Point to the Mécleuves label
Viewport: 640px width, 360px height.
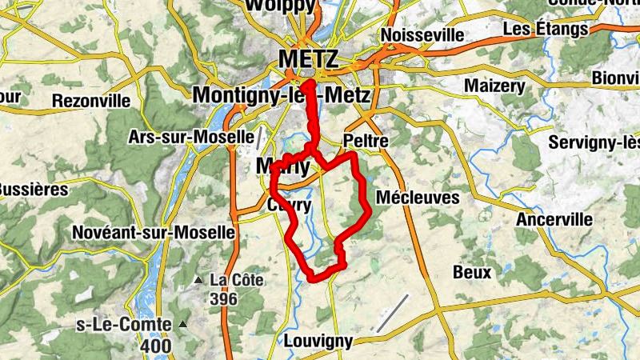pyautogui.click(x=418, y=197)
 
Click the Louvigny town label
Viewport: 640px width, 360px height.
pyautogui.click(x=318, y=341)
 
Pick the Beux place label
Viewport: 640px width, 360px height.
pyautogui.click(x=472, y=272)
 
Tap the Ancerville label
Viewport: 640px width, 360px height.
pyautogui.click(x=554, y=219)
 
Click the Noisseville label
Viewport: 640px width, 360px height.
pyautogui.click(x=422, y=36)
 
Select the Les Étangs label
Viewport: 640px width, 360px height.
pyautogui.click(x=546, y=30)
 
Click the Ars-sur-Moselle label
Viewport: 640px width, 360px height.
pyautogui.click(x=191, y=137)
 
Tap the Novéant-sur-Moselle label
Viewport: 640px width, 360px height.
pyautogui.click(x=153, y=232)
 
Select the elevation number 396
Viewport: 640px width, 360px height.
pyautogui.click(x=225, y=298)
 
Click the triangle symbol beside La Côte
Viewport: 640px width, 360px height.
pyautogui.click(x=198, y=281)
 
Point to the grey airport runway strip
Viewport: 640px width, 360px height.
pyautogui.click(x=392, y=314)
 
